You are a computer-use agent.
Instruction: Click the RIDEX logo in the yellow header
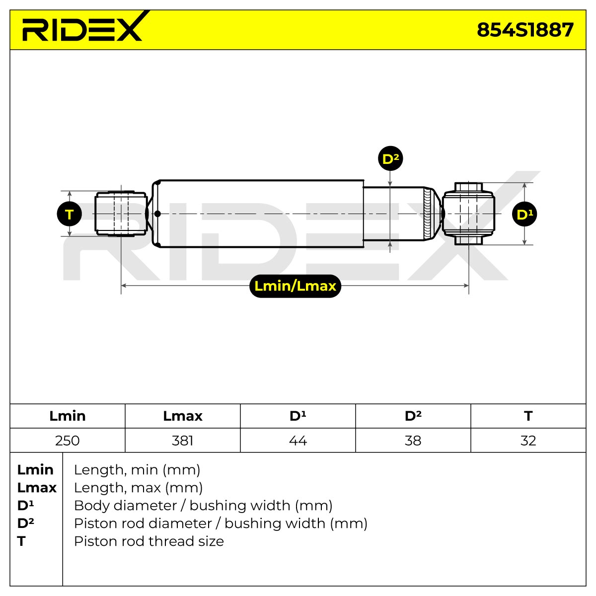(83, 27)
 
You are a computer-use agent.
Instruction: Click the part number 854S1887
(525, 30)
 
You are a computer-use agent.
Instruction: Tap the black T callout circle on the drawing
(69, 214)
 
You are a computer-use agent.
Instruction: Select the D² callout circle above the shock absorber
(390, 158)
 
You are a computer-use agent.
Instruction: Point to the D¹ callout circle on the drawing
(524, 214)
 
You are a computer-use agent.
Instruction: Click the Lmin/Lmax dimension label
(295, 286)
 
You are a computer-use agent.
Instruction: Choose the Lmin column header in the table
(68, 416)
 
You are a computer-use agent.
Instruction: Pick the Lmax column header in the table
(183, 416)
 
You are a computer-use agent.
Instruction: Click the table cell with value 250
(68, 441)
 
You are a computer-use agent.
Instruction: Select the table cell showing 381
(183, 441)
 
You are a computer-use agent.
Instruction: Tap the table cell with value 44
(298, 441)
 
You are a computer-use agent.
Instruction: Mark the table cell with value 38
(413, 441)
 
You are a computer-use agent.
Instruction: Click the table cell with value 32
(528, 441)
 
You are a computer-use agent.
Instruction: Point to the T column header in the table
(528, 416)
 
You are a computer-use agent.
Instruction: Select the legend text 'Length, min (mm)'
(137, 470)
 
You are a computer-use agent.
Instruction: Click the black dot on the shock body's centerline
(157, 214)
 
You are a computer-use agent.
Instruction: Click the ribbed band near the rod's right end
(427, 214)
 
